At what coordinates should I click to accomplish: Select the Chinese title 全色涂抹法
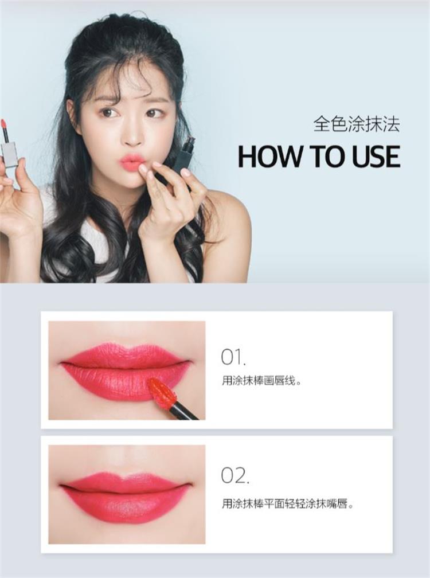coord(356,124)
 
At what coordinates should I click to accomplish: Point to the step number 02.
coord(234,475)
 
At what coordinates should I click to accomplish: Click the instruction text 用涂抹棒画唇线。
coord(261,380)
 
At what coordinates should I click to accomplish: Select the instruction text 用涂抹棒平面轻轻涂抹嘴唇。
coord(287,505)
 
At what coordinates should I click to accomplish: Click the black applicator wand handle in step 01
coord(185,411)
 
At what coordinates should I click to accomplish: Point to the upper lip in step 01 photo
coord(126,354)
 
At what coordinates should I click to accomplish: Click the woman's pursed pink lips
coord(132,162)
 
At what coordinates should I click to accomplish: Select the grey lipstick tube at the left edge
coord(9,153)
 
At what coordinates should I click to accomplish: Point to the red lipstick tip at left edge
coord(3,124)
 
